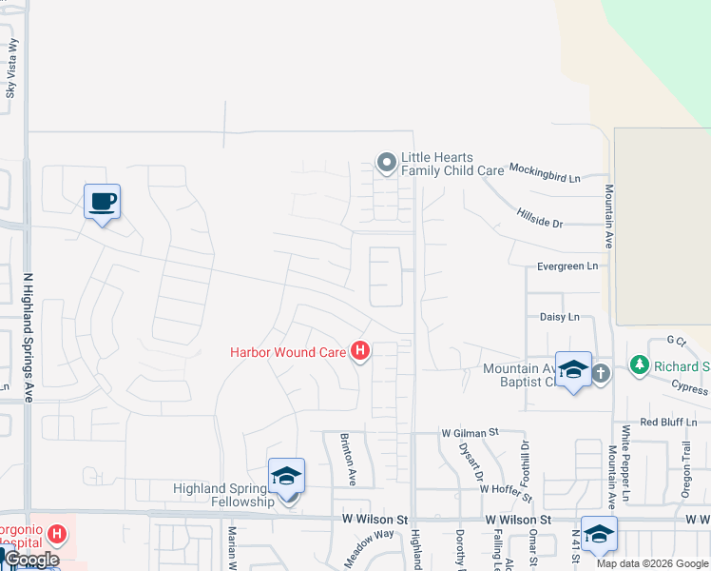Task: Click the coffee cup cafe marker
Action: click(102, 202)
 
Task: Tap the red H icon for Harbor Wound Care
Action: click(360, 352)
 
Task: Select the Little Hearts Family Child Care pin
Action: click(386, 164)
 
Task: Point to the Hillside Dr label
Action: click(540, 218)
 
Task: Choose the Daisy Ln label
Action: click(559, 317)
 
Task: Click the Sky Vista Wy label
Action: click(11, 69)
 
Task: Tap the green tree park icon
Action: click(640, 365)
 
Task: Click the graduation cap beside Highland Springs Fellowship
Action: click(286, 476)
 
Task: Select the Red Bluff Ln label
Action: click(675, 421)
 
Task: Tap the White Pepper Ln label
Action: click(625, 463)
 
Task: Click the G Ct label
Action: click(676, 340)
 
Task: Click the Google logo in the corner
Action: click(30, 560)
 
